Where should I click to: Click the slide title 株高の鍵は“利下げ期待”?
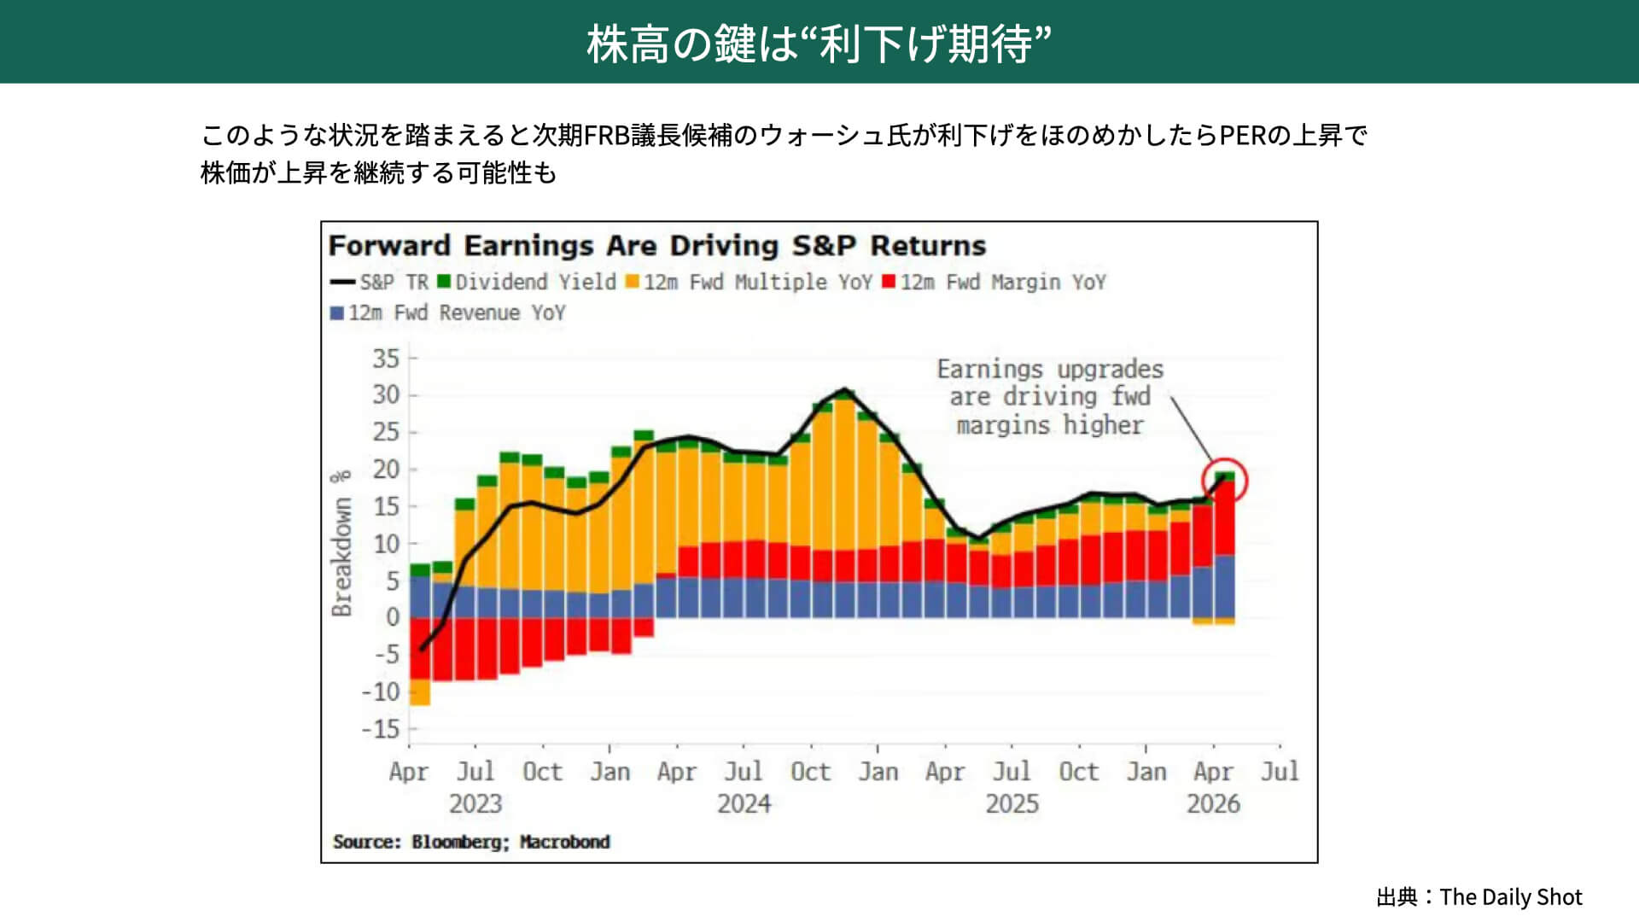[x=819, y=44]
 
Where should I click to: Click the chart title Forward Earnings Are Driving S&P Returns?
[x=656, y=246]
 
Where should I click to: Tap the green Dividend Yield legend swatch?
[x=444, y=282]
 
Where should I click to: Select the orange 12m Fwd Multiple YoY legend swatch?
[x=633, y=282]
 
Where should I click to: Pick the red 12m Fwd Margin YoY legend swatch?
[x=889, y=282]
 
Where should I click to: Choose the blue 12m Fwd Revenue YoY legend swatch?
[x=337, y=313]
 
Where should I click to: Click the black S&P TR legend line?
[x=342, y=282]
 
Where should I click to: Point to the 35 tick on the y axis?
[x=386, y=359]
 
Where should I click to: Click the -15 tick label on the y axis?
[x=381, y=729]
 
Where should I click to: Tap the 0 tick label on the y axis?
[x=392, y=617]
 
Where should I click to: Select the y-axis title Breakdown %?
[x=341, y=543]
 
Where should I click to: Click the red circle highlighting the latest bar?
[x=1224, y=481]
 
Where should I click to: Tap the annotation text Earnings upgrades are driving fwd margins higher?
[x=1049, y=397]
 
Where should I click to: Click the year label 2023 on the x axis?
[x=475, y=804]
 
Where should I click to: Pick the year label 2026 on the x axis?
[x=1213, y=804]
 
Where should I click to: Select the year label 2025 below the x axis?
[x=1012, y=804]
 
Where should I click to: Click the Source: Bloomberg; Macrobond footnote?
[x=471, y=842]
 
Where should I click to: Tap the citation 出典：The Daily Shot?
[x=1479, y=897]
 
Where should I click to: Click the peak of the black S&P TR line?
[x=845, y=389]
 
